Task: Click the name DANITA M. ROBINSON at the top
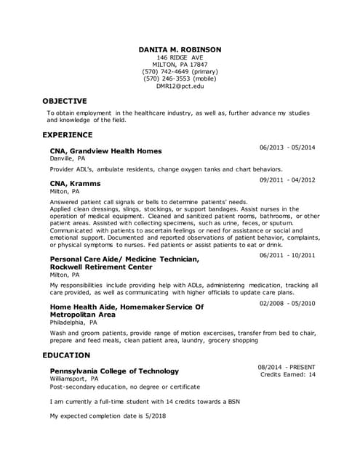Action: [x=180, y=49]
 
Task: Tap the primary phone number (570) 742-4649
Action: [x=180, y=72]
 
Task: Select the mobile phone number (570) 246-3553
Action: [x=180, y=79]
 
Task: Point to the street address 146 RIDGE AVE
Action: [x=180, y=57]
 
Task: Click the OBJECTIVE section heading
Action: [x=65, y=101]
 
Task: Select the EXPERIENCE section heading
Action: [x=68, y=135]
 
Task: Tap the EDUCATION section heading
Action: [x=65, y=355]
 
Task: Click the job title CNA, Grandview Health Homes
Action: [x=105, y=151]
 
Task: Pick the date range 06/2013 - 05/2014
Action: [x=287, y=147]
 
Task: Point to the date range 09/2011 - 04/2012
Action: [x=287, y=179]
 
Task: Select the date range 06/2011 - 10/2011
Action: [x=287, y=256]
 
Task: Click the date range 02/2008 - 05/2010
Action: [x=287, y=303]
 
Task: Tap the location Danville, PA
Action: [x=68, y=158]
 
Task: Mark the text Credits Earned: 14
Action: [x=288, y=375]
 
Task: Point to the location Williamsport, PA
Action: [x=74, y=379]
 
